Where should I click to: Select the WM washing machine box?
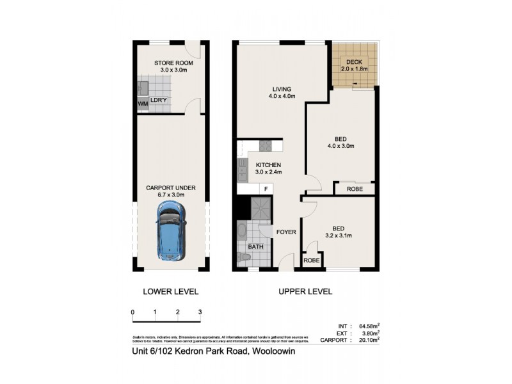pyautogui.click(x=141, y=103)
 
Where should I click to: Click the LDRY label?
pyautogui.click(x=159, y=100)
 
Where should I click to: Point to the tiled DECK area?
pyautogui.click(x=355, y=65)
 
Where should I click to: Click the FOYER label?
pyautogui.click(x=286, y=232)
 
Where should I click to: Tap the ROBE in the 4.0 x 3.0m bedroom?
pyautogui.click(x=355, y=189)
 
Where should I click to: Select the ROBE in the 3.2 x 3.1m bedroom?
pyautogui.click(x=312, y=260)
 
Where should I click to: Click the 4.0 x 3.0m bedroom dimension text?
pyautogui.click(x=340, y=146)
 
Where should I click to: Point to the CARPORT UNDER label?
pyautogui.click(x=170, y=188)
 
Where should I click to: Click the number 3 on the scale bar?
pyautogui.click(x=200, y=312)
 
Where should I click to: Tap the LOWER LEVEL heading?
pyautogui.click(x=170, y=291)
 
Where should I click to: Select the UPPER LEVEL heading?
pyautogui.click(x=305, y=291)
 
